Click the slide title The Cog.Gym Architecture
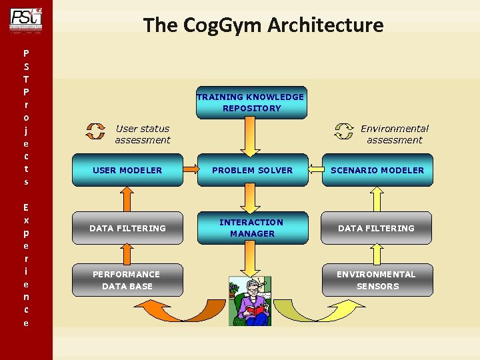[263, 25]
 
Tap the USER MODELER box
[127, 170]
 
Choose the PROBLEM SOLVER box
[252, 170]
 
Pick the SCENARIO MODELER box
[377, 170]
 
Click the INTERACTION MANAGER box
[252, 227]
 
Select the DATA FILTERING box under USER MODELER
[127, 228]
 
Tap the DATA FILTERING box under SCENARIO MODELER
[377, 228]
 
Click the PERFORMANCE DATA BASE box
[127, 280]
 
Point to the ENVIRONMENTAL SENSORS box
[377, 280]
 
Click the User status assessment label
[142, 134]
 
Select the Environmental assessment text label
[395, 134]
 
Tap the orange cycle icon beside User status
[96, 131]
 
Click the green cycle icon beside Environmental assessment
[344, 131]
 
